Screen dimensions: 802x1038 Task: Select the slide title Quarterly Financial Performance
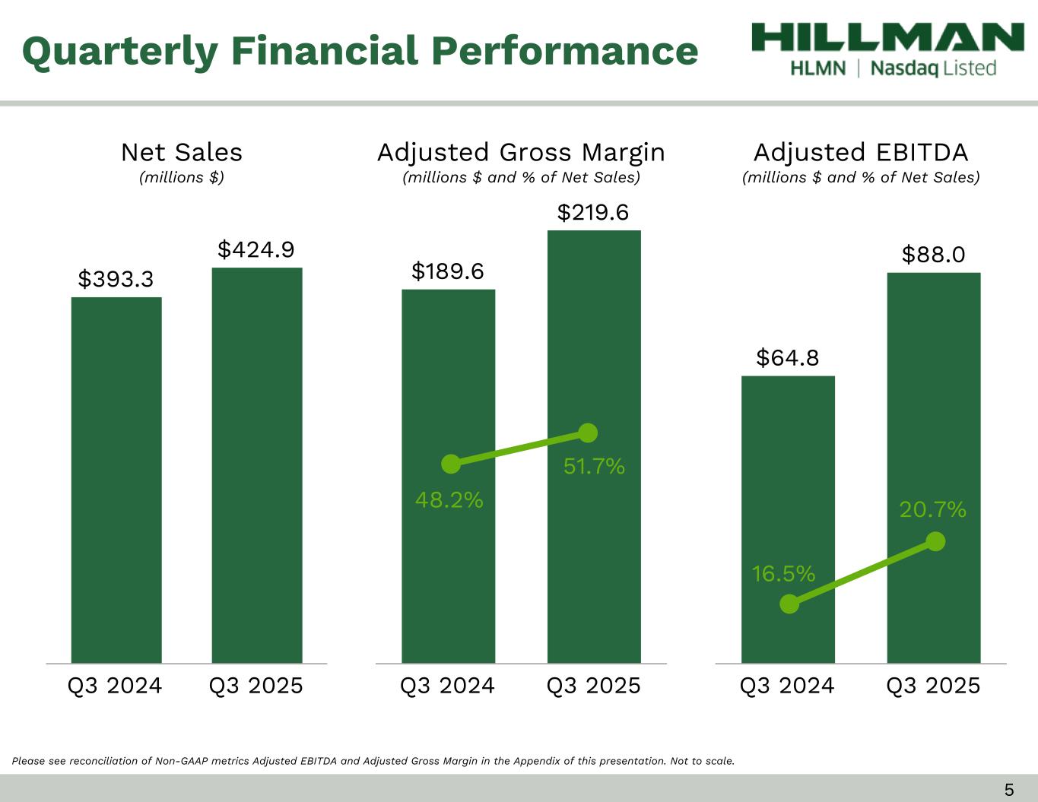360,51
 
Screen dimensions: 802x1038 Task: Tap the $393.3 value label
116,280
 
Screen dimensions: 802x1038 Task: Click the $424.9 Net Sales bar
256,464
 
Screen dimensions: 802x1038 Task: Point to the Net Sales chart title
182,153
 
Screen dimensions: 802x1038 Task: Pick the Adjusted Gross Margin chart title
521,153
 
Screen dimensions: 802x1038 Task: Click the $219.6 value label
593,213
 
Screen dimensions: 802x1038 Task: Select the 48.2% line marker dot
451,463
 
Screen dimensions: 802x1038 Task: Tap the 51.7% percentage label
594,466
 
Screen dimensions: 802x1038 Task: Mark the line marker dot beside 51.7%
588,433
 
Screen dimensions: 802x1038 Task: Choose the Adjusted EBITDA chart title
861,153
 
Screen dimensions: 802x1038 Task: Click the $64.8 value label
787,357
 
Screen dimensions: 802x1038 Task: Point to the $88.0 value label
933,255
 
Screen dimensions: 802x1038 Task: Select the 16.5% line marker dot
789,604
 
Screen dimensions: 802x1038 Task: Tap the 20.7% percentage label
933,509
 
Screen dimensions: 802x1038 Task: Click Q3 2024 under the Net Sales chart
115,686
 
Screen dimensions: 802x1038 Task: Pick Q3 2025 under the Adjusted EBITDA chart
933,686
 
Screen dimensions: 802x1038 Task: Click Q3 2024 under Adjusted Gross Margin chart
447,686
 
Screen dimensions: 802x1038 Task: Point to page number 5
1009,789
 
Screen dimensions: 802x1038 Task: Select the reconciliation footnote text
373,760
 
